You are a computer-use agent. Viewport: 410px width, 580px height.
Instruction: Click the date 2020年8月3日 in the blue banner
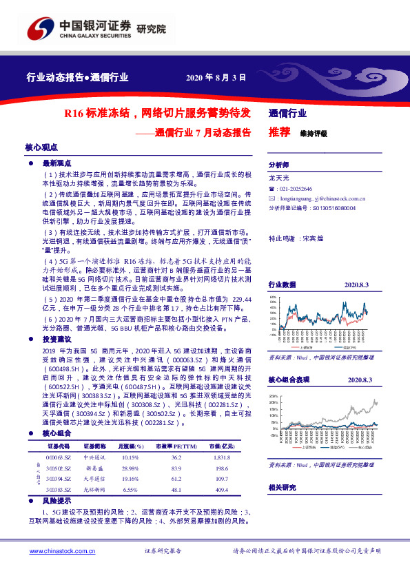[216, 77]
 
